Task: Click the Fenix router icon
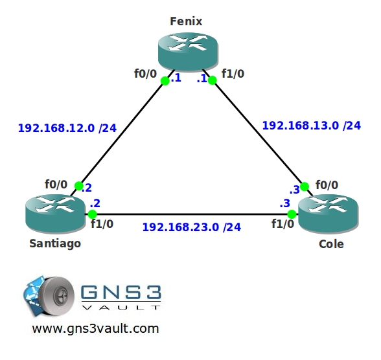(x=188, y=52)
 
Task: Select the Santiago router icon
(x=56, y=214)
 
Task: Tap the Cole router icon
(x=328, y=214)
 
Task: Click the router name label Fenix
(x=186, y=21)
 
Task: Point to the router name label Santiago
(x=55, y=243)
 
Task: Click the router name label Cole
(x=331, y=244)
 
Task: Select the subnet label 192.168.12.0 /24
(x=67, y=128)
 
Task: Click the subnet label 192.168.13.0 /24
(x=312, y=126)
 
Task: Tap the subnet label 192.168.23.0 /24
(x=192, y=227)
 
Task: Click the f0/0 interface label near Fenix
(x=146, y=74)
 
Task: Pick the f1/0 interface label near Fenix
(x=233, y=74)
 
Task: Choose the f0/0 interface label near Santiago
(x=56, y=185)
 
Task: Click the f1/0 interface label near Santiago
(x=102, y=224)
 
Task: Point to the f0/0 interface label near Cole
(x=327, y=185)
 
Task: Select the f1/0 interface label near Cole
(x=283, y=224)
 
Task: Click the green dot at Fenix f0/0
(x=165, y=81)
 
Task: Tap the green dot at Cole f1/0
(x=292, y=214)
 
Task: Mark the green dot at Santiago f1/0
(x=92, y=214)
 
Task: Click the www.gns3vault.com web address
(x=95, y=328)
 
